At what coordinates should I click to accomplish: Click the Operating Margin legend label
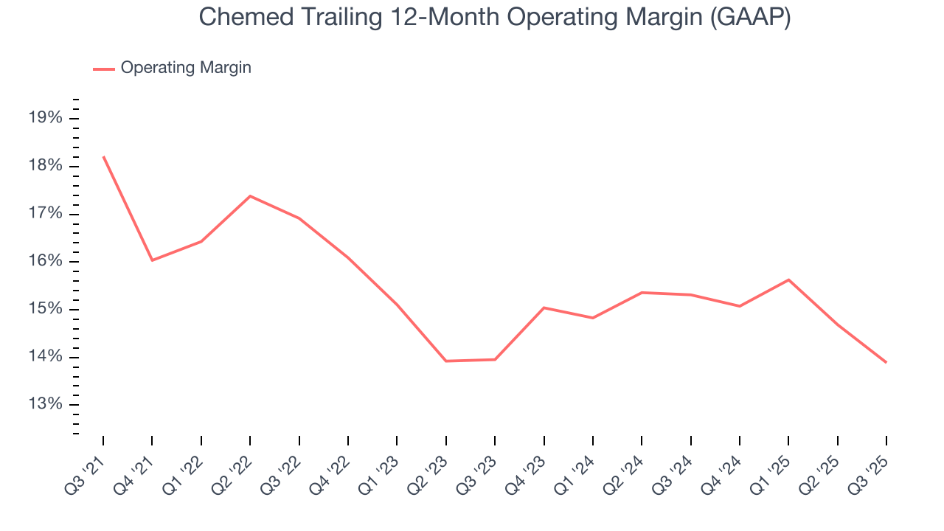(186, 68)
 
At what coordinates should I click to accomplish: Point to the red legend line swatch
(103, 69)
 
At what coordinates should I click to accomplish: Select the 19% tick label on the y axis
(44, 118)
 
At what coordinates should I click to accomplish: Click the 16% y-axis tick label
(44, 261)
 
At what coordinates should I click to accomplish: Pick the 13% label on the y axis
(44, 404)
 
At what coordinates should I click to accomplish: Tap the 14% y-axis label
(44, 357)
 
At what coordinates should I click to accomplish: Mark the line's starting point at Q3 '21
(103, 156)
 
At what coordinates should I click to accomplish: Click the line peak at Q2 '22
(250, 196)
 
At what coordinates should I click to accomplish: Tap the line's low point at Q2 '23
(446, 361)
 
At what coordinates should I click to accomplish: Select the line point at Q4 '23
(544, 308)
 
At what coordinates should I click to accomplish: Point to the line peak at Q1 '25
(788, 280)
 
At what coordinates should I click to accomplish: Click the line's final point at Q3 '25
(886, 362)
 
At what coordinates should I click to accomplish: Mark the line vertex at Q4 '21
(152, 260)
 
